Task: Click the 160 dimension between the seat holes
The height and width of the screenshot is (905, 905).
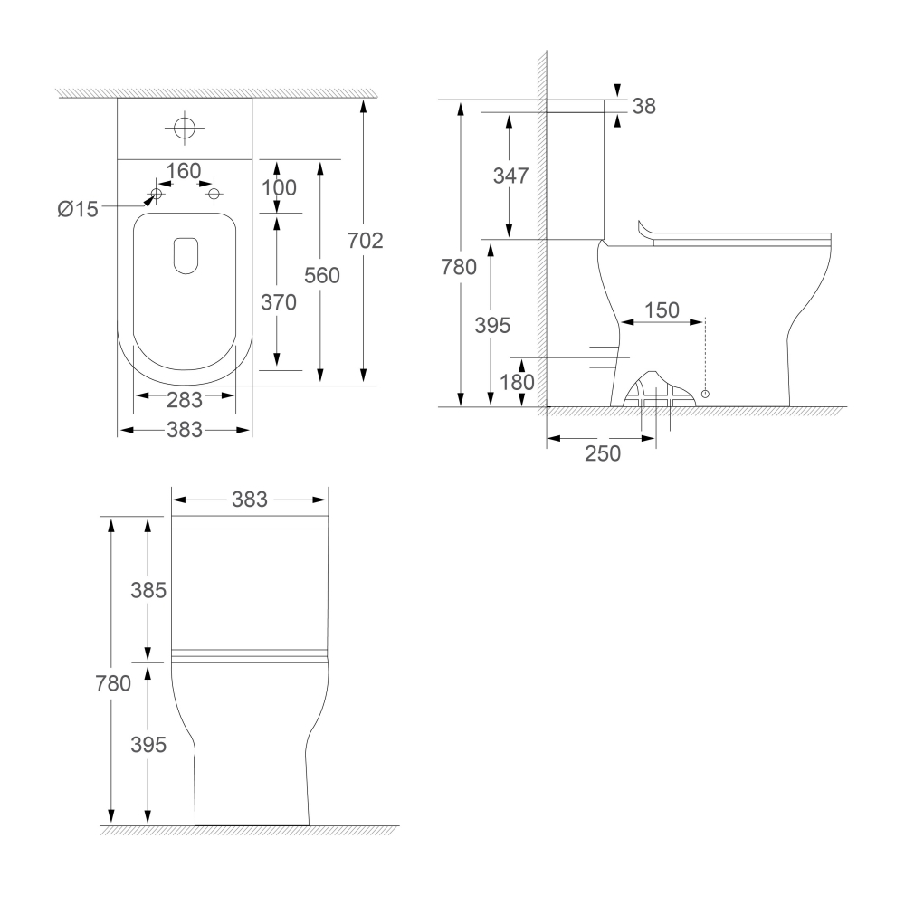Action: [184, 171]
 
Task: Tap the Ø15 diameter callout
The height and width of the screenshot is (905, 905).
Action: [77, 209]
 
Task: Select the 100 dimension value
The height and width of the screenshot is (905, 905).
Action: [280, 188]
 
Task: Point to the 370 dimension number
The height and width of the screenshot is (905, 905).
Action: [280, 303]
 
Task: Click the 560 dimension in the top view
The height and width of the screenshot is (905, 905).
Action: [322, 276]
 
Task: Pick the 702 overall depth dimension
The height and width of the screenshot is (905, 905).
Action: [367, 241]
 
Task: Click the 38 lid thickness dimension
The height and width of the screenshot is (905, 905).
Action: [643, 106]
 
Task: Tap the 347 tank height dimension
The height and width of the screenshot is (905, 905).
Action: [510, 176]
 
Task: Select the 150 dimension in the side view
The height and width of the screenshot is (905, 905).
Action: [662, 310]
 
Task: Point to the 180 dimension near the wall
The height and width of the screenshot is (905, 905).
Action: [517, 383]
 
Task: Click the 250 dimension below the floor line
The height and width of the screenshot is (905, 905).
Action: [603, 452]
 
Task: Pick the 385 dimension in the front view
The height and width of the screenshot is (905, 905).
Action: [148, 591]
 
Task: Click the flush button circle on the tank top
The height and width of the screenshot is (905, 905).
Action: [184, 128]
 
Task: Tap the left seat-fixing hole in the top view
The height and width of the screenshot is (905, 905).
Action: [156, 195]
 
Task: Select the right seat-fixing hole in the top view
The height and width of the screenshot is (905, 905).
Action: [214, 194]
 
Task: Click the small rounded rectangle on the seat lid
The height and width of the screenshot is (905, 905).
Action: [185, 254]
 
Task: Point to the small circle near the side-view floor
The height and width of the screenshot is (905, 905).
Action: [705, 395]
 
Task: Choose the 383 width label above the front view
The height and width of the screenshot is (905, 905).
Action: [250, 499]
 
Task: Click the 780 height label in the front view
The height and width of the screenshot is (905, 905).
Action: [113, 684]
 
